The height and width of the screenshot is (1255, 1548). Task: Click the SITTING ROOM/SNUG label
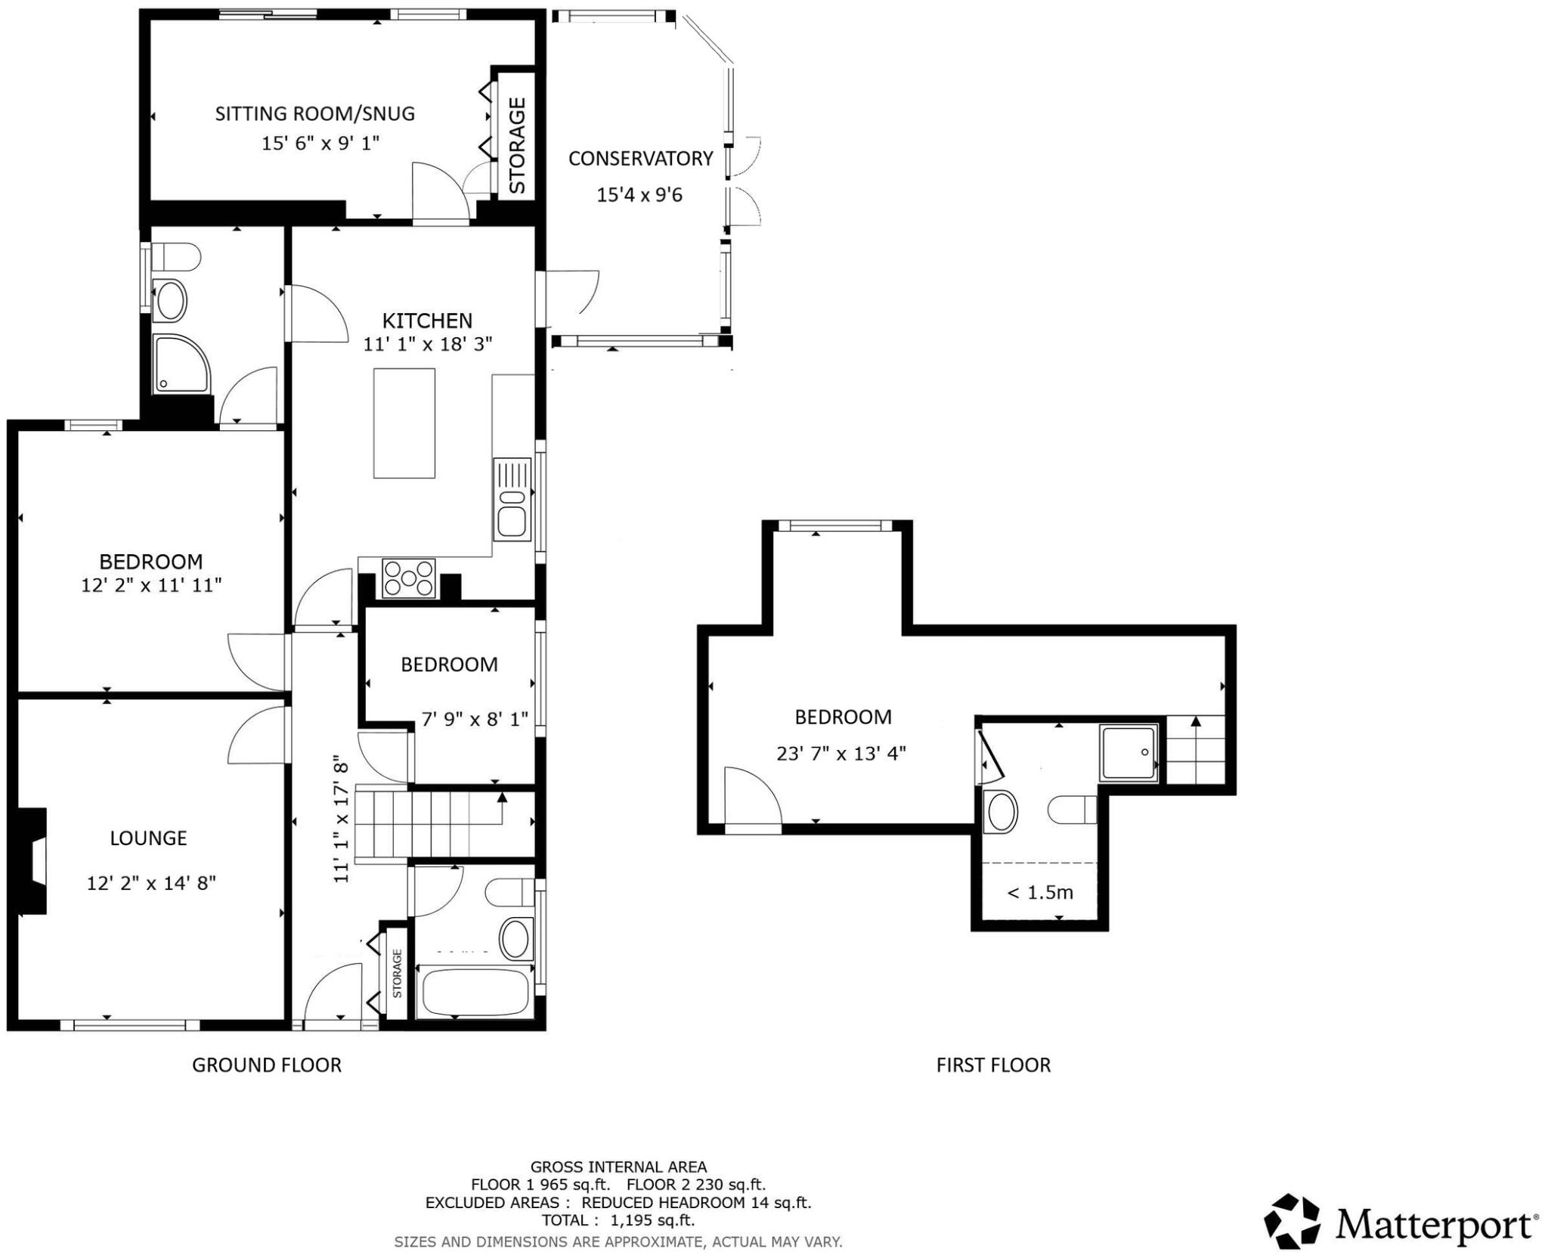coord(314,113)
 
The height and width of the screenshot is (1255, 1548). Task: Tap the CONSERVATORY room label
coord(640,158)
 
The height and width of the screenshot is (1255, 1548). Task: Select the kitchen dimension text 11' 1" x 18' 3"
coord(427,344)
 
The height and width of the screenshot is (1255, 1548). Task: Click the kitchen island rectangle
coord(404,423)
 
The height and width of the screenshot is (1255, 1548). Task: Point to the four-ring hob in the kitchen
coord(409,578)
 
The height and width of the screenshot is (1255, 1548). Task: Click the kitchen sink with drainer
coord(512,499)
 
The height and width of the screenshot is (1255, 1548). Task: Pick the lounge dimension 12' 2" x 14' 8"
coord(151,882)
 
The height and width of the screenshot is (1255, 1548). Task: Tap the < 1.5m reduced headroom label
coord(1039,892)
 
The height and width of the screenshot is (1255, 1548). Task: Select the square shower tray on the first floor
coord(1128,751)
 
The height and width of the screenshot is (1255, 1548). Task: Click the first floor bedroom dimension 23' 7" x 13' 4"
coord(841,753)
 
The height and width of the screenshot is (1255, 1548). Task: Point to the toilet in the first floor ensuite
coord(1072,810)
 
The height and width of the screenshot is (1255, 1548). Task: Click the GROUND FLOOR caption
coord(266,1064)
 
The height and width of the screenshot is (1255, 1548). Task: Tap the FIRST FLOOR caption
coord(992,1064)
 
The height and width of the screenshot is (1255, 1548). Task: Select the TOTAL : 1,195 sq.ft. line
coord(618,1219)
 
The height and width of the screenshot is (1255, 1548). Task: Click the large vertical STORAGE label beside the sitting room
coord(517,145)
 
